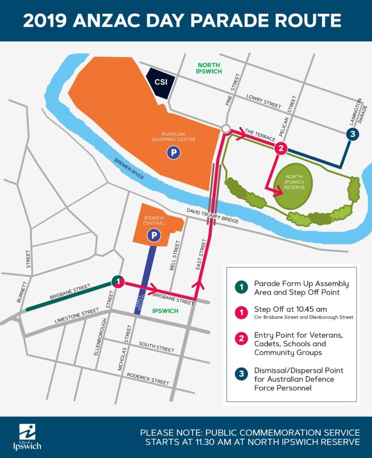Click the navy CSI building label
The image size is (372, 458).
click(x=161, y=82)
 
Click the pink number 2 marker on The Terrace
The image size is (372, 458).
click(x=280, y=148)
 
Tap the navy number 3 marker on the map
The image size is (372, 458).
click(x=353, y=134)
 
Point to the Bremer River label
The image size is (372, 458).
click(x=129, y=169)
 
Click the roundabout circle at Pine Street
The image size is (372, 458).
click(x=225, y=129)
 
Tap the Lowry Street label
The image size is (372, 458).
click(x=263, y=100)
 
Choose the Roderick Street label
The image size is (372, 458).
click(x=148, y=378)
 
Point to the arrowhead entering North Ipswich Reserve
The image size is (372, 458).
click(x=278, y=192)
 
